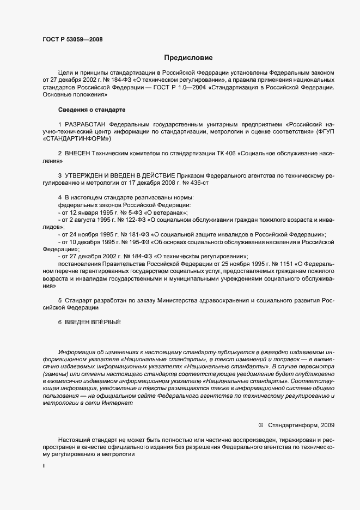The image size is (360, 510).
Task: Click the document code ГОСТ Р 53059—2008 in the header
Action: point(72,39)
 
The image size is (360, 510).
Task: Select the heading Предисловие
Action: point(188,58)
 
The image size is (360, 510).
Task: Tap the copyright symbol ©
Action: point(260,424)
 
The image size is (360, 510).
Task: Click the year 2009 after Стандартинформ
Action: point(328,424)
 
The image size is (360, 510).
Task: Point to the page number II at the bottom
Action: point(44,466)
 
